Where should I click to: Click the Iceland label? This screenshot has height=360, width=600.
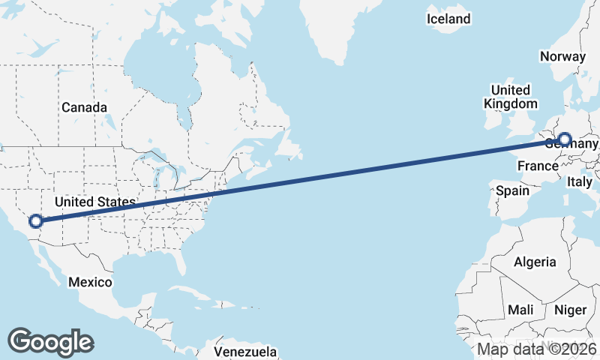(448, 19)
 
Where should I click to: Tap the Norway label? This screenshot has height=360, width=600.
(562, 56)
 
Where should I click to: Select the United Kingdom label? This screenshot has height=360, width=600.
(511, 97)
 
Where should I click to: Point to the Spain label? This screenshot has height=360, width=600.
(512, 190)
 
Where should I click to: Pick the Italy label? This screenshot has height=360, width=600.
(580, 181)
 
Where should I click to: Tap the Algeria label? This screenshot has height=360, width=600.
(535, 262)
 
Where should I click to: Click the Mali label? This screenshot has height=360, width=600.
(520, 309)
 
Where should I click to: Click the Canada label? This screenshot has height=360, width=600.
(84, 107)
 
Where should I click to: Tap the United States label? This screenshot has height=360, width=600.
(94, 202)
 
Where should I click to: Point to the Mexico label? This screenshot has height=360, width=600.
(90, 282)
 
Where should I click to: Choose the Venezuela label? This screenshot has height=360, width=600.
(245, 351)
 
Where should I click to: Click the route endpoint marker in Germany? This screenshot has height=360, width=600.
(564, 139)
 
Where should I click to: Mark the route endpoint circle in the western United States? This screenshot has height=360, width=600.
(35, 221)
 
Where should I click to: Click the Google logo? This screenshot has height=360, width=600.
(50, 341)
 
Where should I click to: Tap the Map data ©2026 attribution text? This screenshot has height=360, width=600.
(537, 349)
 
